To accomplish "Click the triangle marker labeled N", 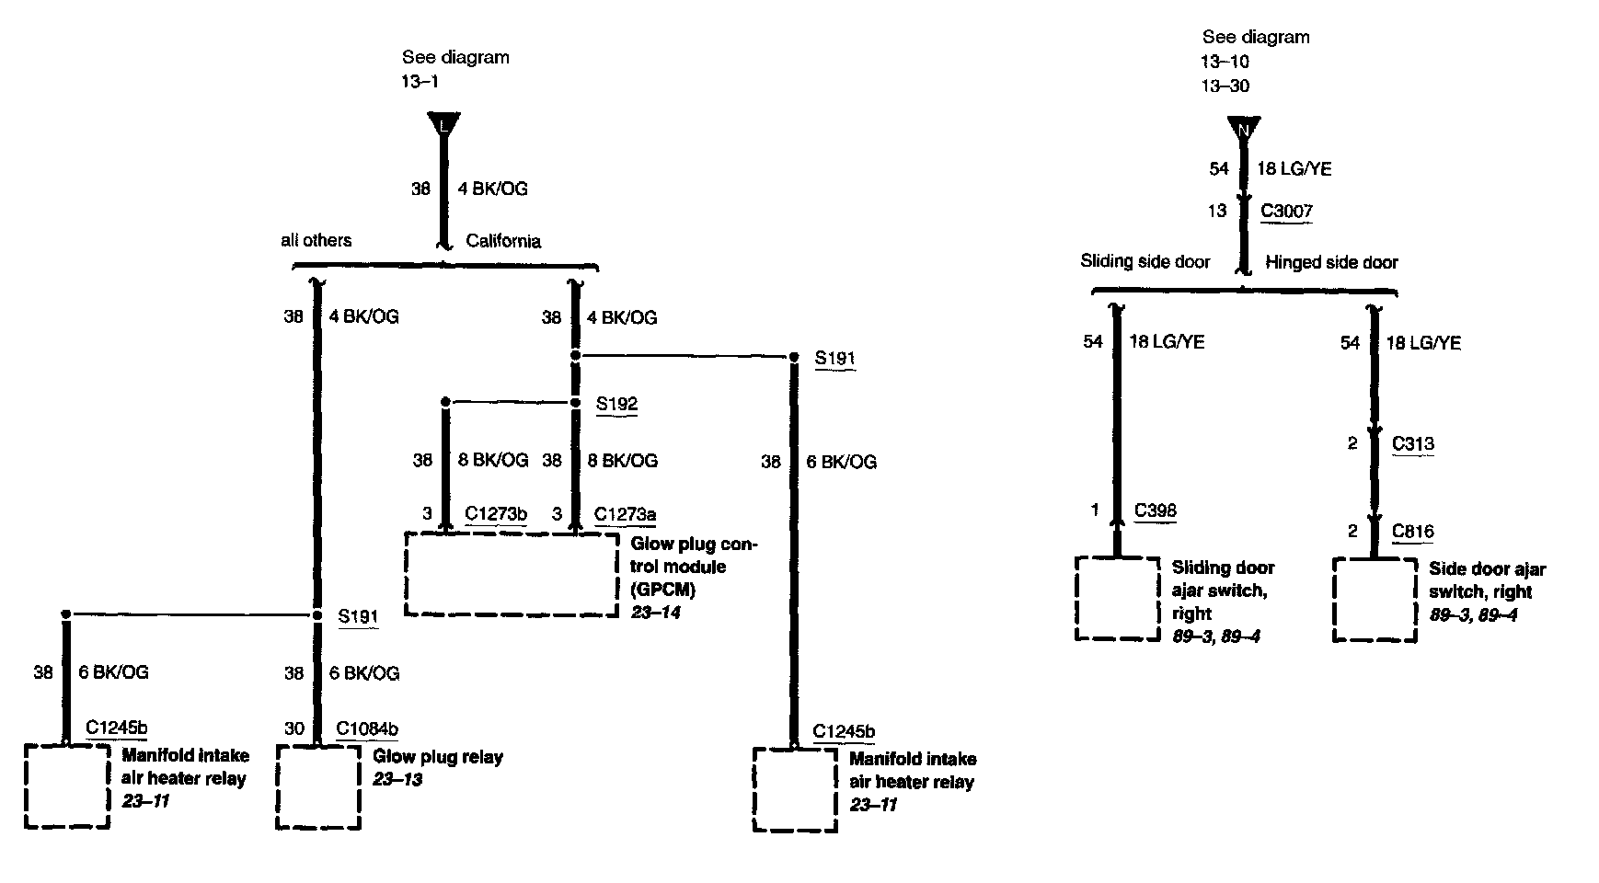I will click(1244, 129).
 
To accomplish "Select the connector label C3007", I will click(1286, 211).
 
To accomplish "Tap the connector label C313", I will click(1413, 443).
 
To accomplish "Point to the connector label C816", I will click(1413, 531).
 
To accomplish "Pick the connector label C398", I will click(1156, 510).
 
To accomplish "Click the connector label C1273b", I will click(496, 513).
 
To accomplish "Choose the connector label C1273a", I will click(626, 513).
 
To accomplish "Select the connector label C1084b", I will click(367, 728).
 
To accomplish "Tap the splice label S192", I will click(616, 404).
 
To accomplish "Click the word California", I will click(503, 241).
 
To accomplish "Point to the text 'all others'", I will click(316, 240).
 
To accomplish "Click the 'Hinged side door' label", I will click(1331, 262).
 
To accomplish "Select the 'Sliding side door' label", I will click(1145, 261).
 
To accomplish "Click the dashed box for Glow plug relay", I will click(318, 787).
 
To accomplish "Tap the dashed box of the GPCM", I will click(512, 574).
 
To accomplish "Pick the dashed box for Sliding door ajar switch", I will click(1117, 598).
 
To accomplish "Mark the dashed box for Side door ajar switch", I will click(1375, 600).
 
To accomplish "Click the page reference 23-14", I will click(655, 612).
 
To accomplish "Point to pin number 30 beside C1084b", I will click(294, 728).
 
